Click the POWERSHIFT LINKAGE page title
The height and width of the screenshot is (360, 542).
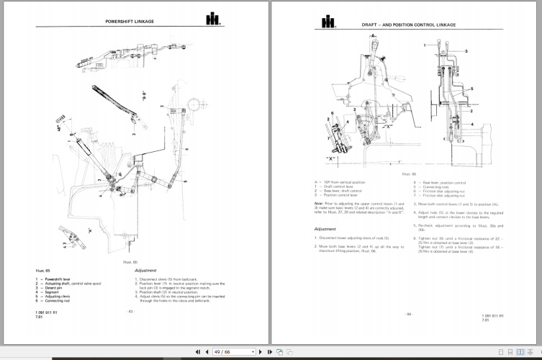click(127, 22)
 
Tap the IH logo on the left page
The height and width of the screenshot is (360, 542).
click(214, 20)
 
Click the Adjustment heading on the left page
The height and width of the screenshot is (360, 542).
click(149, 271)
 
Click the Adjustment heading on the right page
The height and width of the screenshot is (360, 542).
click(329, 229)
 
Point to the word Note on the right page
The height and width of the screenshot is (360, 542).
click(319, 203)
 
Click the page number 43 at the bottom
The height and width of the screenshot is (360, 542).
click(131, 311)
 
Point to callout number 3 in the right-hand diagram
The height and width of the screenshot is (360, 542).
click(466, 51)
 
